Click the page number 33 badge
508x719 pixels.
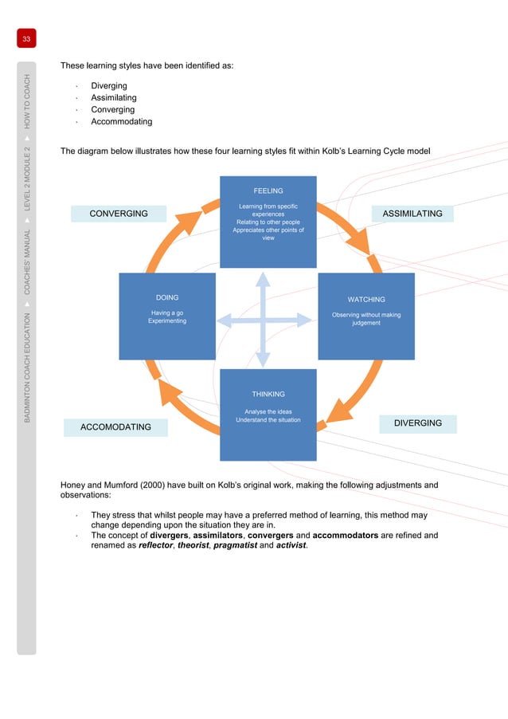(25, 39)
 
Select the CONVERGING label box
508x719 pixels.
(119, 214)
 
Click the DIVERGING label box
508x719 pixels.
(417, 423)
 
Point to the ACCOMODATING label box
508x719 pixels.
(115, 427)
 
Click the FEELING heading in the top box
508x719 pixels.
(268, 191)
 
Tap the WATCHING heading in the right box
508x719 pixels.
(366, 300)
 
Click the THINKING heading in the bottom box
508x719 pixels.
(268, 394)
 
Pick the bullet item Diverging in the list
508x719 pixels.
(109, 86)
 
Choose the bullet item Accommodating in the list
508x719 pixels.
(121, 122)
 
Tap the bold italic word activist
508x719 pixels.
(288, 547)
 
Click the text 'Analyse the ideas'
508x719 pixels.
(268, 411)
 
